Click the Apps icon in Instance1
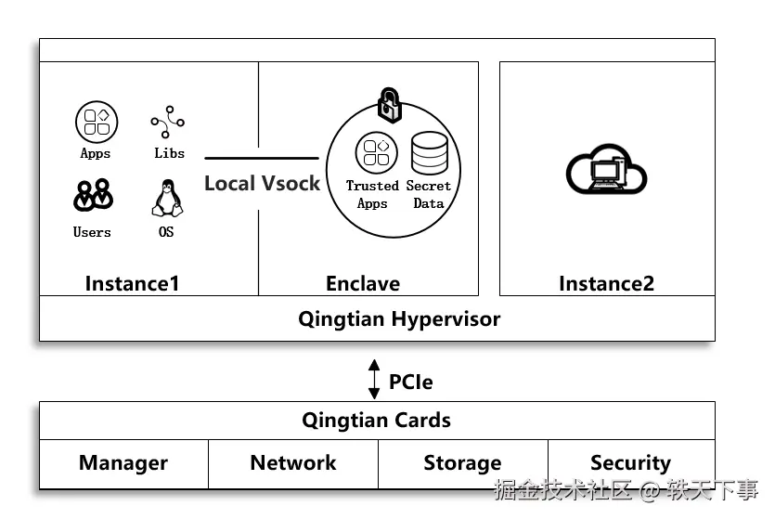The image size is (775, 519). [96, 122]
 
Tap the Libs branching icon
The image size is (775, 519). [168, 122]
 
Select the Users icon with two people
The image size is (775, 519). [93, 195]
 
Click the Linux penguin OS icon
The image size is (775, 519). [165, 197]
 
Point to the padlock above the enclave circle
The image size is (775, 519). [388, 104]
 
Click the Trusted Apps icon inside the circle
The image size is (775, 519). [375, 153]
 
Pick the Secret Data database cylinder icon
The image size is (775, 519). [429, 153]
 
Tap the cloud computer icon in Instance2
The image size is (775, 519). [606, 170]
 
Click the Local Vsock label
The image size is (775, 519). [262, 183]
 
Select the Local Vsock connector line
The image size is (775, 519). [262, 159]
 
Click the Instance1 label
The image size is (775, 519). [132, 283]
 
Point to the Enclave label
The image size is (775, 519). [363, 283]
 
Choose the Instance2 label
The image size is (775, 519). [606, 283]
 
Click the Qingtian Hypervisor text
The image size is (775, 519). [399, 319]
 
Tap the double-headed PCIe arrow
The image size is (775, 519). [374, 380]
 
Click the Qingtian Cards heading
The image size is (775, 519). [376, 420]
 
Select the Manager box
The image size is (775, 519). [123, 463]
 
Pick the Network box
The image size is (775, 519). [293, 463]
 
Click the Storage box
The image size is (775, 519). [462, 463]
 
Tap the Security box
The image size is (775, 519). [631, 463]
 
